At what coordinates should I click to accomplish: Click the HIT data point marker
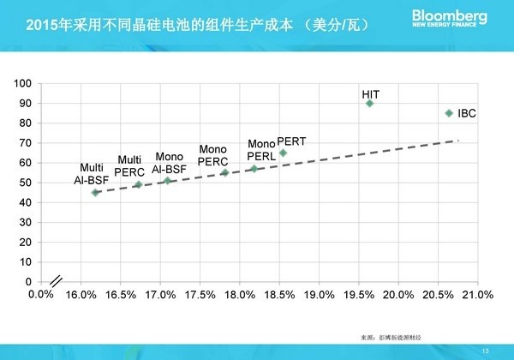(x=370, y=103)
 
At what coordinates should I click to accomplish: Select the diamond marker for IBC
(x=449, y=112)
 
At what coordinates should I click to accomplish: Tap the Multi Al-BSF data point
(x=95, y=193)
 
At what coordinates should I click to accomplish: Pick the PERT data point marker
(x=283, y=153)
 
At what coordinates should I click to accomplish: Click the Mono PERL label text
(x=261, y=150)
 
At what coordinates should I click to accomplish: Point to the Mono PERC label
(x=212, y=154)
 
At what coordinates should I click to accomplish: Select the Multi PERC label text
(x=129, y=165)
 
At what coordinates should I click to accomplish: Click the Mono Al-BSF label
(x=168, y=163)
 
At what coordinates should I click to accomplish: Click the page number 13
(x=486, y=348)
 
